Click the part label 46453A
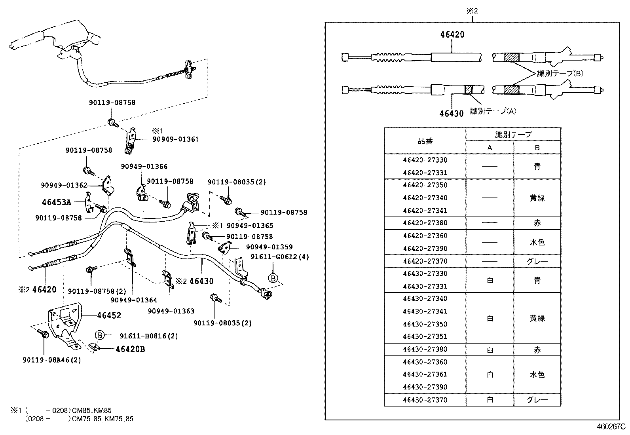click(x=56, y=202)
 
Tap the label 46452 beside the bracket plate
click(x=109, y=315)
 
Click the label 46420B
click(x=130, y=349)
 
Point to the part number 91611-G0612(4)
click(x=280, y=257)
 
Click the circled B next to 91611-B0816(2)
click(x=100, y=336)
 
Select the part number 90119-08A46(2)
click(x=52, y=360)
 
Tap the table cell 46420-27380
click(x=425, y=223)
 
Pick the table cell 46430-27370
click(x=425, y=400)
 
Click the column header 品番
click(x=425, y=141)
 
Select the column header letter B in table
click(x=537, y=148)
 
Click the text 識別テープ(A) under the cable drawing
click(x=493, y=111)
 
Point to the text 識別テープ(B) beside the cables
click(x=560, y=73)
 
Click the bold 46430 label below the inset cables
click(x=451, y=114)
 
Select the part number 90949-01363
click(x=171, y=311)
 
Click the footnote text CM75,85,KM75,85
click(x=102, y=419)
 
